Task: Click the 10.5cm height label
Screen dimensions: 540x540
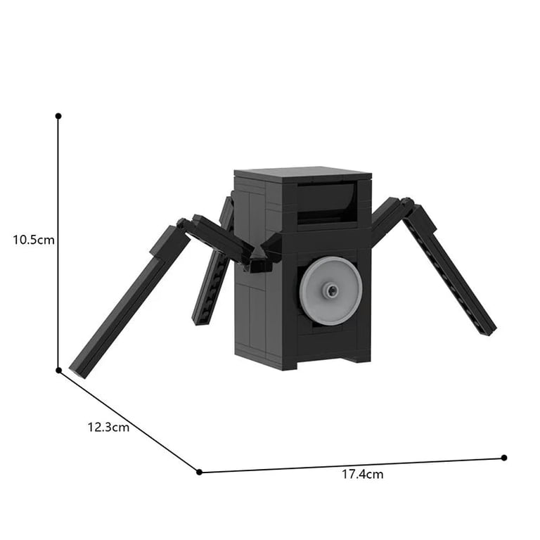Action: click(x=34, y=240)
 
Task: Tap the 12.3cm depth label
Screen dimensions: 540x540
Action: click(x=108, y=427)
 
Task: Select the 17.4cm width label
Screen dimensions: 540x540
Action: click(x=363, y=474)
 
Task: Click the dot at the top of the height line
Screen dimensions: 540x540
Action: click(x=58, y=116)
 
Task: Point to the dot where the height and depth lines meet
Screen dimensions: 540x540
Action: click(x=58, y=371)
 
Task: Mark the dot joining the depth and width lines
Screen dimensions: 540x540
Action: click(x=199, y=472)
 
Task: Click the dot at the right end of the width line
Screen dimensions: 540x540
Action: click(x=504, y=458)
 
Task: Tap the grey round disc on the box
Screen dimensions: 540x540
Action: click(x=331, y=291)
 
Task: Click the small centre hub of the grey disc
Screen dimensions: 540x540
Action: click(x=332, y=290)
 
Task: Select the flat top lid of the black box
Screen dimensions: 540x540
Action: click(x=302, y=174)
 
